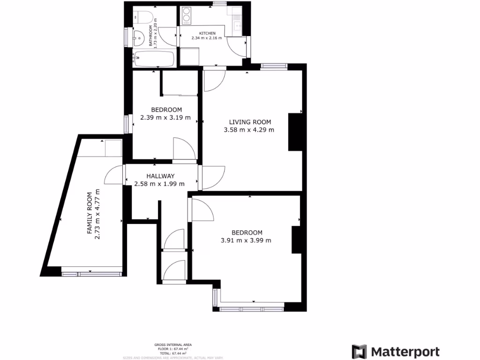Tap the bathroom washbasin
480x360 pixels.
point(139,38)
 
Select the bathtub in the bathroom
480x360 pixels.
point(154,60)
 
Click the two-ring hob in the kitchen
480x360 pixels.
point(186,15)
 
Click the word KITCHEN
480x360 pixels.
point(208,33)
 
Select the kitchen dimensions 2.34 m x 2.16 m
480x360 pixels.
point(207,38)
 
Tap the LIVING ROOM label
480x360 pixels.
point(249,122)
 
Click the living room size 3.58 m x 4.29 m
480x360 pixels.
point(249,130)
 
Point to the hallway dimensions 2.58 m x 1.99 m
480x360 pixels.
point(159,184)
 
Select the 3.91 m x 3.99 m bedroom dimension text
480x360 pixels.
point(246,240)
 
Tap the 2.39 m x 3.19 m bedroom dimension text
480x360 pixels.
point(165,118)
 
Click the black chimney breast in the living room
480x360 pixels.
point(295,132)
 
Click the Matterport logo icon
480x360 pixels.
point(360,352)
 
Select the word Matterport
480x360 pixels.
point(405,352)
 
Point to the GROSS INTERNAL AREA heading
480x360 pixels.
point(173,345)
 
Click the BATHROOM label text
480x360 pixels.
point(151,36)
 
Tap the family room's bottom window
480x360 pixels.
point(92,273)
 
